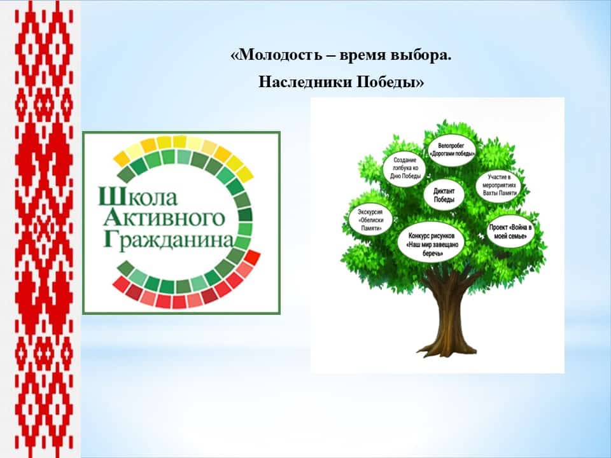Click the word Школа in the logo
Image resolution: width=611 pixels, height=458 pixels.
tap(137, 197)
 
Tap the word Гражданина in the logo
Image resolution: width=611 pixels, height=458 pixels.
tap(168, 240)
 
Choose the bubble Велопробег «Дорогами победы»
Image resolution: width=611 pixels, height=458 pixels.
tap(452, 150)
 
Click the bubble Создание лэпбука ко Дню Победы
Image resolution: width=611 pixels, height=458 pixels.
tap(405, 168)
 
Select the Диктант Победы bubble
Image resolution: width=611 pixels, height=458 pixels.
tap(444, 195)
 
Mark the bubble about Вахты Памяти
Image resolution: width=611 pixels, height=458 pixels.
tap(499, 184)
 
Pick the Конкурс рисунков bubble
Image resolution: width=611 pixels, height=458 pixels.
tap(432, 244)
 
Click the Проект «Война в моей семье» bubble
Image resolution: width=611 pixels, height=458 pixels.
tap(510, 232)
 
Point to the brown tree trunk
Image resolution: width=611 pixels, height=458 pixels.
tap(449, 312)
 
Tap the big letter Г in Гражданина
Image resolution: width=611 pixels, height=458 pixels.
tap(109, 240)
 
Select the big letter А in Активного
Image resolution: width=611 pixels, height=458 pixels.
tap(111, 218)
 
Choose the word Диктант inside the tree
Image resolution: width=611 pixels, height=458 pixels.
tap(444, 191)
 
